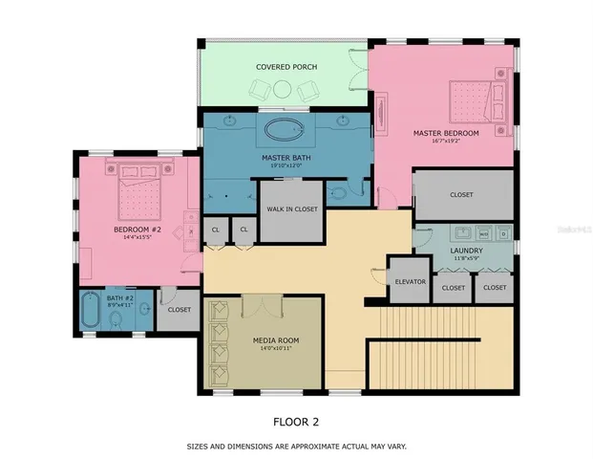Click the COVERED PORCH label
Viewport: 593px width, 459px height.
[x=286, y=67]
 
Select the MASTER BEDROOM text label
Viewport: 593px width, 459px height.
[x=447, y=132]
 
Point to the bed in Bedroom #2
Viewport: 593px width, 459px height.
[x=140, y=196]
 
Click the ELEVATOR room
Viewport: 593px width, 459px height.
[x=410, y=282]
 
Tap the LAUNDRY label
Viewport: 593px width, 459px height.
[x=466, y=251]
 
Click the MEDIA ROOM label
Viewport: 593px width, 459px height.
[x=276, y=340]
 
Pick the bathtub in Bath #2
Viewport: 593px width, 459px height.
[x=92, y=313]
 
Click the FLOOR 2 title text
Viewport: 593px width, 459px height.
[x=297, y=421]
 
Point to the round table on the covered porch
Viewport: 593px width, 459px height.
[x=284, y=89]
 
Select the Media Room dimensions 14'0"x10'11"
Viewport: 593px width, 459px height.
[x=276, y=350]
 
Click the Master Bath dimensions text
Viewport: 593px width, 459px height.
[x=284, y=165]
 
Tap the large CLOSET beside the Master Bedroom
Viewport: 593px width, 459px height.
[x=462, y=194]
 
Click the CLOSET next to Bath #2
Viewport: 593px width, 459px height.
[x=179, y=310]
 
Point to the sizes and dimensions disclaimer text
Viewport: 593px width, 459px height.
[x=296, y=446]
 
